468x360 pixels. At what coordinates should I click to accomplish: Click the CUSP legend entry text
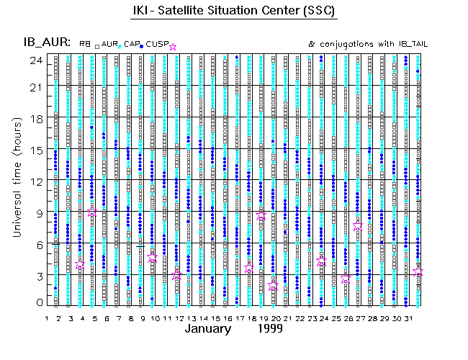[x=157, y=45]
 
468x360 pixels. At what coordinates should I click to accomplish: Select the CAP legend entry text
[x=131, y=45]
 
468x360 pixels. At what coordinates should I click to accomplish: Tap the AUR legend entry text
[x=109, y=45]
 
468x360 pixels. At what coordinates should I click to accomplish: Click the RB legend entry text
[x=85, y=45]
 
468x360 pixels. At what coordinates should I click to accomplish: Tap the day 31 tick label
[x=408, y=318]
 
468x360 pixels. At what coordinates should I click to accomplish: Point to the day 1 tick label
[x=47, y=318]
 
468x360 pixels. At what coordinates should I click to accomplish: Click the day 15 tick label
[x=215, y=318]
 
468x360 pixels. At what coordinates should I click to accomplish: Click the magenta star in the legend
[x=172, y=47]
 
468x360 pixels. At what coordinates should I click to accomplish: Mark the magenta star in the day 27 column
[x=358, y=225]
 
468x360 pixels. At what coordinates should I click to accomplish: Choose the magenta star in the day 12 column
[x=176, y=275]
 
